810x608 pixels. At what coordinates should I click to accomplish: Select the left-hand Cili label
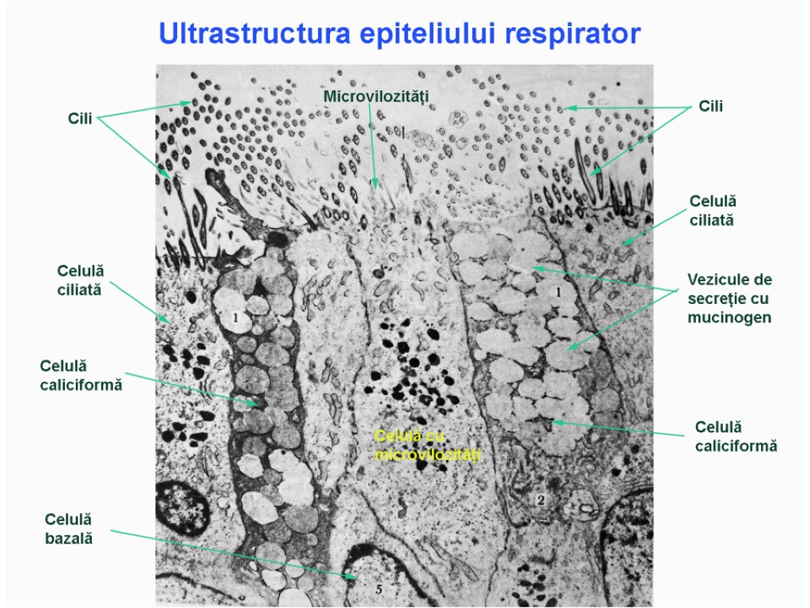pyautogui.click(x=79, y=119)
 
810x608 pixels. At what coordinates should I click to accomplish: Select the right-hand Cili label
pyautogui.click(x=710, y=105)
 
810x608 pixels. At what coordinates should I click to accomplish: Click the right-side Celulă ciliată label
pyautogui.click(x=712, y=211)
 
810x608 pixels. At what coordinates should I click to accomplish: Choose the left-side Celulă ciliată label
pyautogui.click(x=80, y=280)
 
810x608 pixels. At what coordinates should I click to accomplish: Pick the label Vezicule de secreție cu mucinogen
pyautogui.click(x=729, y=298)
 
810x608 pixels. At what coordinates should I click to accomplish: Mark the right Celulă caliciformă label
pyautogui.click(x=736, y=436)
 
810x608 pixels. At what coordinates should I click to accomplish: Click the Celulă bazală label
pyautogui.click(x=69, y=529)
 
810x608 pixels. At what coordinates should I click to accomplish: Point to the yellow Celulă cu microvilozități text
pyautogui.click(x=427, y=446)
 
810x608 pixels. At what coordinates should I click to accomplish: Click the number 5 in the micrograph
pyautogui.click(x=378, y=589)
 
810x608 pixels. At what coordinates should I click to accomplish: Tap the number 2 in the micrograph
pyautogui.click(x=540, y=500)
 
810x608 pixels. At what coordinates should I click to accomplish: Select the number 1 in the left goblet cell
pyautogui.click(x=234, y=318)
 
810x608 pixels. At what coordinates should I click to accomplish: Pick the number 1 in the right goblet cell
pyautogui.click(x=558, y=292)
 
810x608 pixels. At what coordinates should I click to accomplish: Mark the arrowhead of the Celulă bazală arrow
pyautogui.click(x=354, y=576)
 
